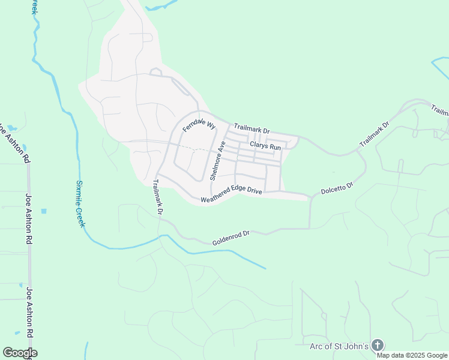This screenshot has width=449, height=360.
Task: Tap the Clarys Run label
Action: click(x=265, y=146)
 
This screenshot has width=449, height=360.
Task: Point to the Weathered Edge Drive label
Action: click(x=231, y=196)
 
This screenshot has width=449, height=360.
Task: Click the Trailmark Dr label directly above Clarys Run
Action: click(x=252, y=128)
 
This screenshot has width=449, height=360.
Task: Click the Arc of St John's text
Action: click(x=339, y=346)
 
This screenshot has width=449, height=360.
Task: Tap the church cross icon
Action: click(x=377, y=345)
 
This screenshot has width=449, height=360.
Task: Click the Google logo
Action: click(x=20, y=353)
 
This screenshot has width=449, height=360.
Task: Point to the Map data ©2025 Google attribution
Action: click(x=412, y=355)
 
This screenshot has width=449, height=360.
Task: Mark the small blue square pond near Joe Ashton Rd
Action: click(x=44, y=211)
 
